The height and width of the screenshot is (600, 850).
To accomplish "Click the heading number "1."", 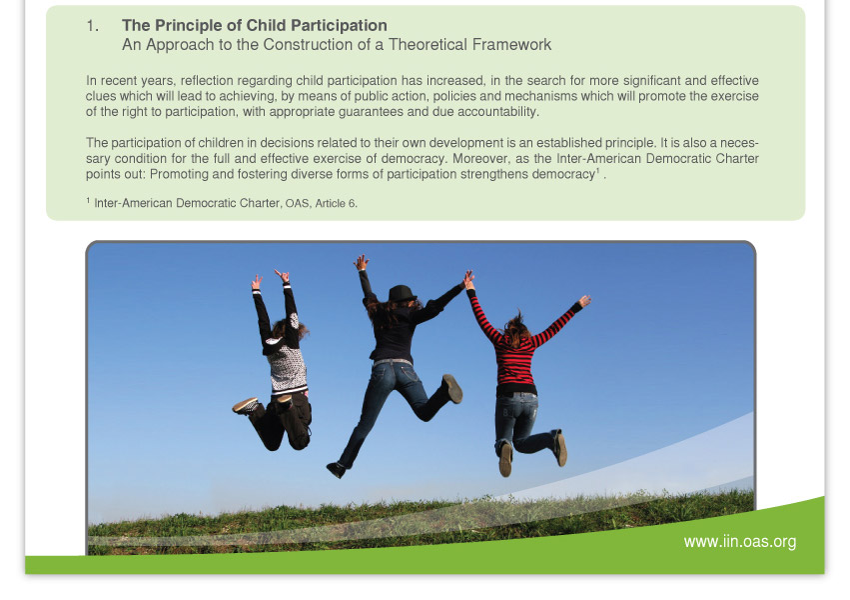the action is (92, 26).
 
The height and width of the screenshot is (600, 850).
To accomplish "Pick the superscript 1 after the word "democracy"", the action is (598, 171).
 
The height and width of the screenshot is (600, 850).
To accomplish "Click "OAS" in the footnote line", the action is (297, 203).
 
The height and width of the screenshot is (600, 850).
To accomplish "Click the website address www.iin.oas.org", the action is (740, 541).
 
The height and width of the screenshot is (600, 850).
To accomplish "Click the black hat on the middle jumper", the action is (403, 293).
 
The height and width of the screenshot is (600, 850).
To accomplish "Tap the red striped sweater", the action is (515, 347).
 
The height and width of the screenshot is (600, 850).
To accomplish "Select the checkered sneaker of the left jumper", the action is (246, 405).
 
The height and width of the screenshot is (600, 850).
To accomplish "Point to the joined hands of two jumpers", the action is (468, 279).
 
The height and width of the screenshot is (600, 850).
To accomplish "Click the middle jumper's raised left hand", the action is (362, 263).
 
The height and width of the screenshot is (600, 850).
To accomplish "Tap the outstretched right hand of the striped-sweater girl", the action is (585, 301).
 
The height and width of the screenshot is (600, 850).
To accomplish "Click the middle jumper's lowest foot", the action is (336, 470).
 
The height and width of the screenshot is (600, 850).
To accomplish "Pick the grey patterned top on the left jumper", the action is (289, 370).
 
